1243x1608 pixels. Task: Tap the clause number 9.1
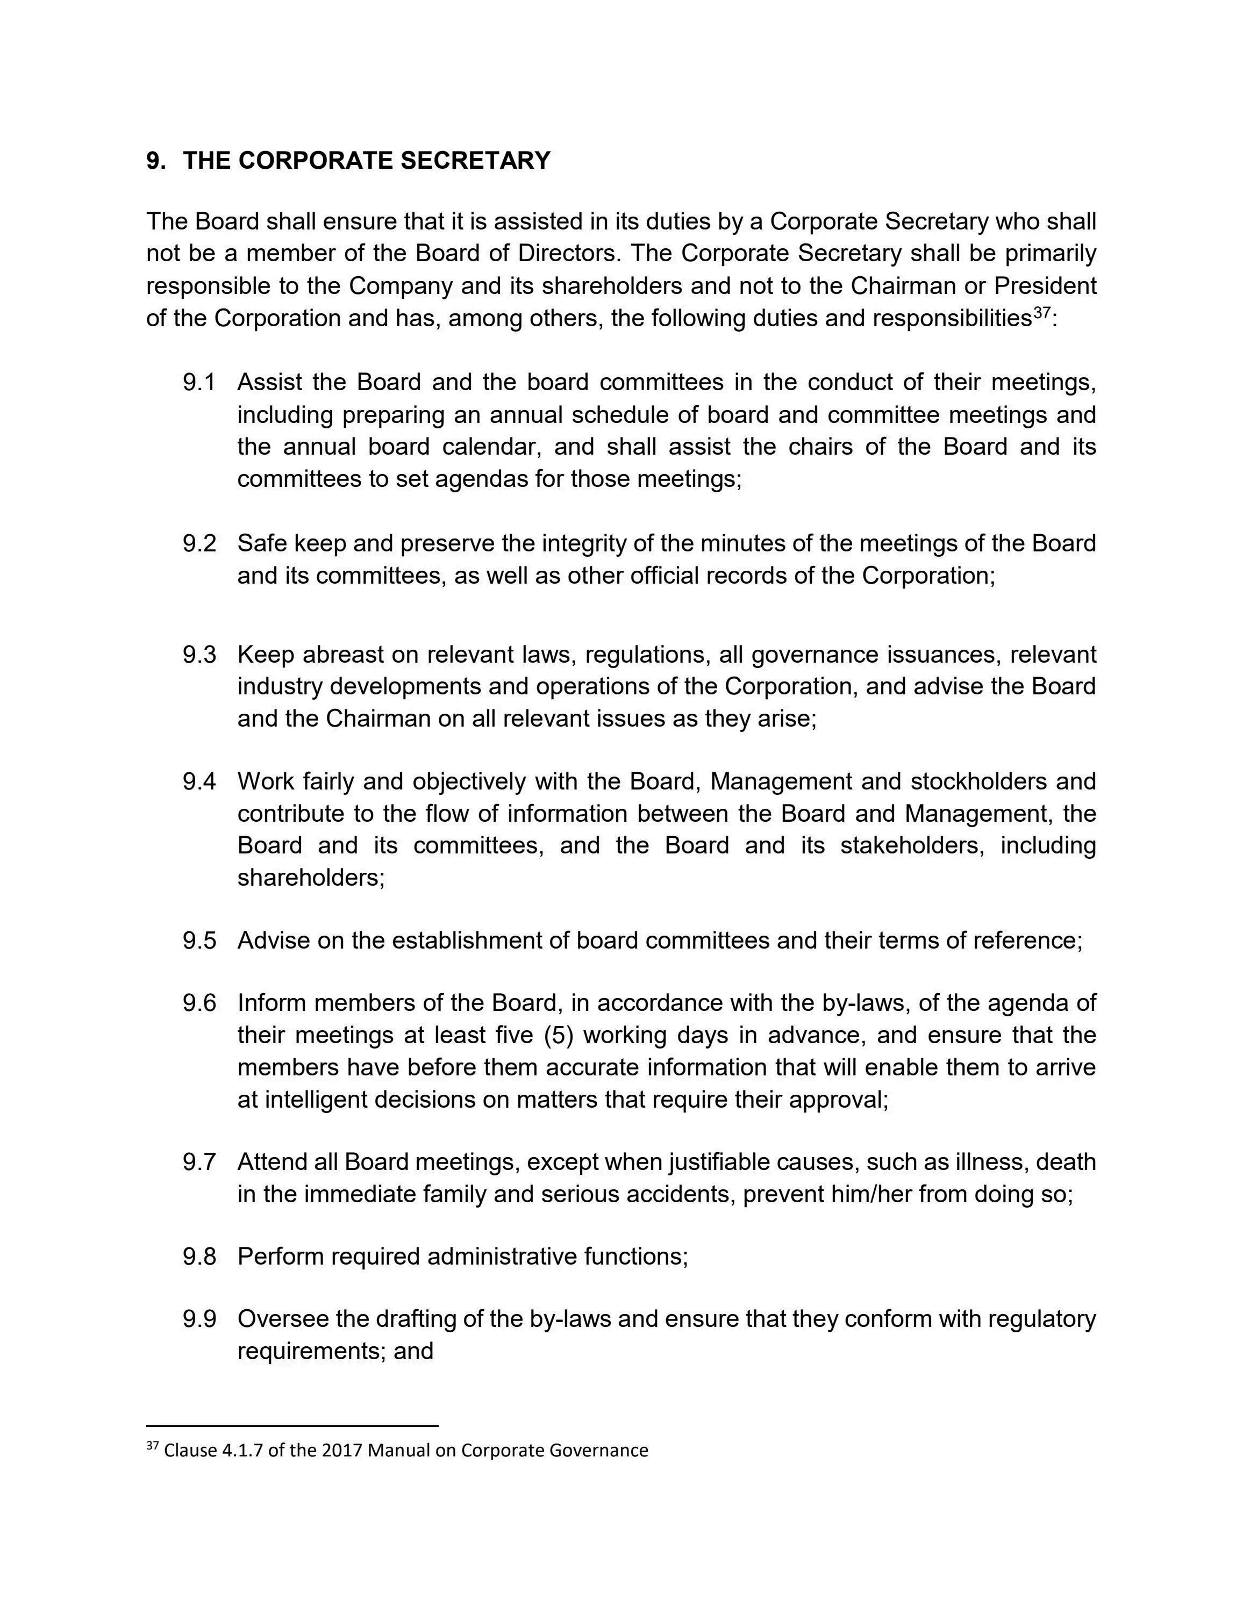199,382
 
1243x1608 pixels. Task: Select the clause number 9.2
199,543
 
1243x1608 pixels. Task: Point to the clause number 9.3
199,654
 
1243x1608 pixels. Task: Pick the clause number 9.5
199,940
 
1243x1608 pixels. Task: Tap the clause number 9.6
199,1003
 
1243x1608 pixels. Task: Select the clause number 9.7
199,1162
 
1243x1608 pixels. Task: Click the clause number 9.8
199,1256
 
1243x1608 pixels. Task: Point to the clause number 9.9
199,1319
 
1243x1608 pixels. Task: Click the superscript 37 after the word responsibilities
1041,312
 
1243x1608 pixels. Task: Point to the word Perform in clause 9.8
281,1256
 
